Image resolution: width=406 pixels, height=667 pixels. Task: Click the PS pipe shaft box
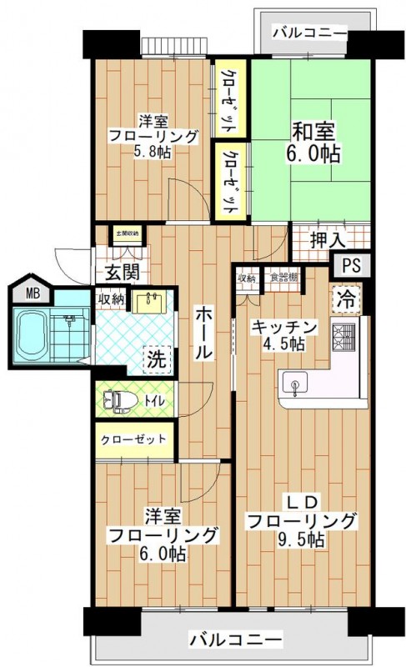click(349, 267)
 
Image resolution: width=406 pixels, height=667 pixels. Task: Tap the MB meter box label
click(31, 293)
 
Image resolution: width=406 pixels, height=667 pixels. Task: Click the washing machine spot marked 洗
click(157, 361)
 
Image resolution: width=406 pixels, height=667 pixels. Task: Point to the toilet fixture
click(119, 402)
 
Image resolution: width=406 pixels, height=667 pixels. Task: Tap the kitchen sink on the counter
click(295, 385)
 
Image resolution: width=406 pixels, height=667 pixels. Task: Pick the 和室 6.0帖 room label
click(314, 142)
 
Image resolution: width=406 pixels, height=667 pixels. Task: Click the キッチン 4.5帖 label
click(283, 334)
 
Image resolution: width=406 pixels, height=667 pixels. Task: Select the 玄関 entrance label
click(123, 271)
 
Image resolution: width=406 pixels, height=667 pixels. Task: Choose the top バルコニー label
click(308, 34)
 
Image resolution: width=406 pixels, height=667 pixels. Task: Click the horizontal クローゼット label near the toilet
click(134, 439)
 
